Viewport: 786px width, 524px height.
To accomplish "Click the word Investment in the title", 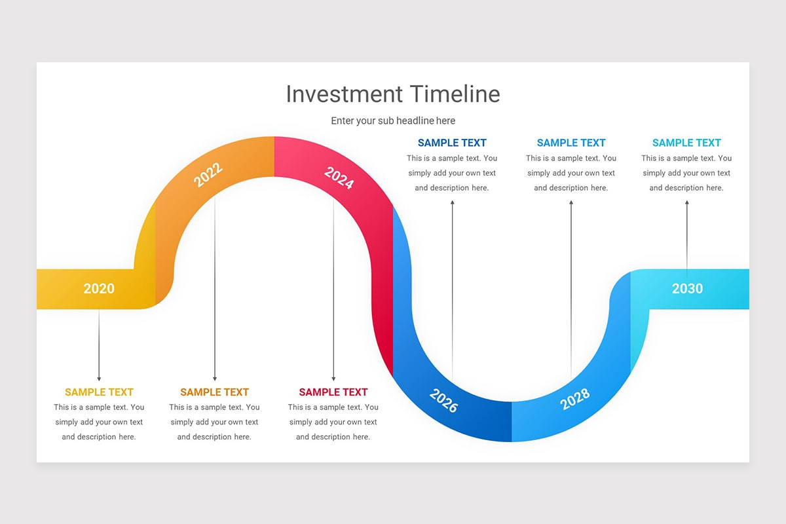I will click(x=345, y=94).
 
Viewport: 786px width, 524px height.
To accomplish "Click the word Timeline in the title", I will click(x=455, y=94).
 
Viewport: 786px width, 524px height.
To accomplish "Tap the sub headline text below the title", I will click(x=392, y=121).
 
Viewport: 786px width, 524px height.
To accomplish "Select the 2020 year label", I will click(x=99, y=289).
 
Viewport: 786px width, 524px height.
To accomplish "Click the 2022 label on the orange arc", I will click(x=208, y=175).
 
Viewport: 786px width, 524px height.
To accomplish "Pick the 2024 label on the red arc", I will click(x=339, y=178).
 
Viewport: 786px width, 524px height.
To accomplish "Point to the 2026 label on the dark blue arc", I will click(x=443, y=400).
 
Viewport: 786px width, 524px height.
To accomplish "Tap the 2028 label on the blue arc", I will click(x=575, y=398).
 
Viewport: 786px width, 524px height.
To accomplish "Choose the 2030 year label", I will click(x=687, y=289).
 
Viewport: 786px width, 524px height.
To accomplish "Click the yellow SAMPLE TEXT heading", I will click(x=99, y=392).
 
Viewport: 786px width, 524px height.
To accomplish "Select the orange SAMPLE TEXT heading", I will click(x=214, y=392).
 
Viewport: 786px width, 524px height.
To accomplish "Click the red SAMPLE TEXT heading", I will click(x=333, y=392).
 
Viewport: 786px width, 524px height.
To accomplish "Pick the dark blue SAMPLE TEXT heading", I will click(x=452, y=143).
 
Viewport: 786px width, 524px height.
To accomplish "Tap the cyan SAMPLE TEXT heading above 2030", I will click(x=686, y=143).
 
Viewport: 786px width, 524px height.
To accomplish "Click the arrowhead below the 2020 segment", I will click(x=99, y=378).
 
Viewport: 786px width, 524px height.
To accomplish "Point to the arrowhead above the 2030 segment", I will click(x=686, y=203).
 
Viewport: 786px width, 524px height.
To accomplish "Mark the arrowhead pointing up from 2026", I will click(x=452, y=203).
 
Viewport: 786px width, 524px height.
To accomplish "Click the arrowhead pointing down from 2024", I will click(x=333, y=378).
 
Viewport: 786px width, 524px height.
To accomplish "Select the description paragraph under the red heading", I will click(x=333, y=422).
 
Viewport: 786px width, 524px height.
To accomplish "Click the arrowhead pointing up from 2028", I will click(x=571, y=203).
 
